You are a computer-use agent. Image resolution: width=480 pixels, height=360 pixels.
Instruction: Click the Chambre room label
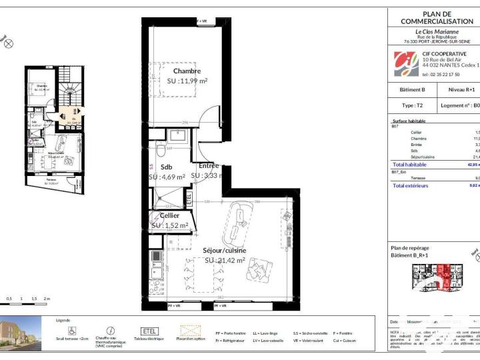coord(187,71)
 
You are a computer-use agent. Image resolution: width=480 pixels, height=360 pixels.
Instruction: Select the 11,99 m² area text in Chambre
coord(187,81)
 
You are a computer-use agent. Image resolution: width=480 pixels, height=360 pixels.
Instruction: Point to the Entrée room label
coord(209,165)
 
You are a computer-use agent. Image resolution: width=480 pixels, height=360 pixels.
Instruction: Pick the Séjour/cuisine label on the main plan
coord(224,251)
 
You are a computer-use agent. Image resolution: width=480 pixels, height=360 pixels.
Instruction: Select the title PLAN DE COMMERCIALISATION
coord(437,18)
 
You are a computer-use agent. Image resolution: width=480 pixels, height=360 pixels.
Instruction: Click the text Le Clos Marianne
coord(437,31)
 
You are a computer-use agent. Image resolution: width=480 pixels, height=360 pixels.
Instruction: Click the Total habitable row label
coord(409,164)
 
